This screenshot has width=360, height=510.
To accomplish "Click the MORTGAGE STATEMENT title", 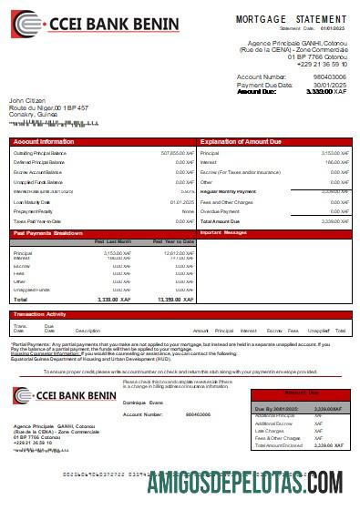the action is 292,19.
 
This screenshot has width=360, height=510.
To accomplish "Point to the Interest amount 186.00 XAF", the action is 335,163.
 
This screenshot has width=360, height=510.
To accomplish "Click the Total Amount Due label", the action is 220,221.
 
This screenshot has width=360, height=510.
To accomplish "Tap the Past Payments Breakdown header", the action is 50,233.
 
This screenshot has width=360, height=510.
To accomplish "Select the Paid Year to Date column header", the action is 173,241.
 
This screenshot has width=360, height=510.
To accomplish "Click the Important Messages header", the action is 223,233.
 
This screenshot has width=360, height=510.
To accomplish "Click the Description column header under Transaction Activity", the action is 87,331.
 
